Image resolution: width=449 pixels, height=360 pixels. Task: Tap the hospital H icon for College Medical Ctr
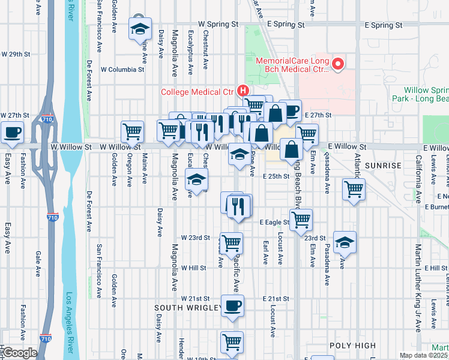(243, 91)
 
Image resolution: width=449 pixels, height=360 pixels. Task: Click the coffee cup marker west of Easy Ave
(12, 132)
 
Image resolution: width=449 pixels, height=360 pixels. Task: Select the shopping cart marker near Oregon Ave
(132, 130)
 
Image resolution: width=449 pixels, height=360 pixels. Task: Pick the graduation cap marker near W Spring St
(140, 28)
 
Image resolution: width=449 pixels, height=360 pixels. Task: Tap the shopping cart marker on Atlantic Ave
(354, 189)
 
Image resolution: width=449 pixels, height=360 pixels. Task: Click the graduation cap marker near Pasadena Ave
(345, 241)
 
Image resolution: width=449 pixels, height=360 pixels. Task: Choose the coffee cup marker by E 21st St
(232, 305)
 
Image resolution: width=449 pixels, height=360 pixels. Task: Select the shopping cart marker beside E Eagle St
(301, 219)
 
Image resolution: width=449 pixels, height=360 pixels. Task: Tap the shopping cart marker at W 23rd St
(231, 243)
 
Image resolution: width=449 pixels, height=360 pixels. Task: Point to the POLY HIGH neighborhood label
(352, 346)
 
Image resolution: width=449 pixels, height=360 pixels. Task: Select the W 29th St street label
(16, 54)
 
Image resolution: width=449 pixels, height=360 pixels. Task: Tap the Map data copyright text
(424, 355)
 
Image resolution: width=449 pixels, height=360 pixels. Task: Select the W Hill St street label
(193, 268)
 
